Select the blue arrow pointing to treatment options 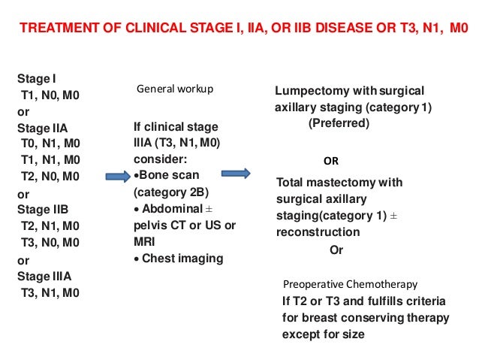coord(236,174)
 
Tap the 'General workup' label coord(174,89)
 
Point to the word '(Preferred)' coord(339,123)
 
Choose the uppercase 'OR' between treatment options coord(330,160)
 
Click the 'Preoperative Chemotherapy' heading coord(350,284)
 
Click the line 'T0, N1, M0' coord(51,144)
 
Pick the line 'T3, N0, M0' coord(51,242)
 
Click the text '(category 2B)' coord(168,192)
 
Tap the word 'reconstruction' coord(318,232)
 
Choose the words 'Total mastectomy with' coord(339,183)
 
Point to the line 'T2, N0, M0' coord(51,177)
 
